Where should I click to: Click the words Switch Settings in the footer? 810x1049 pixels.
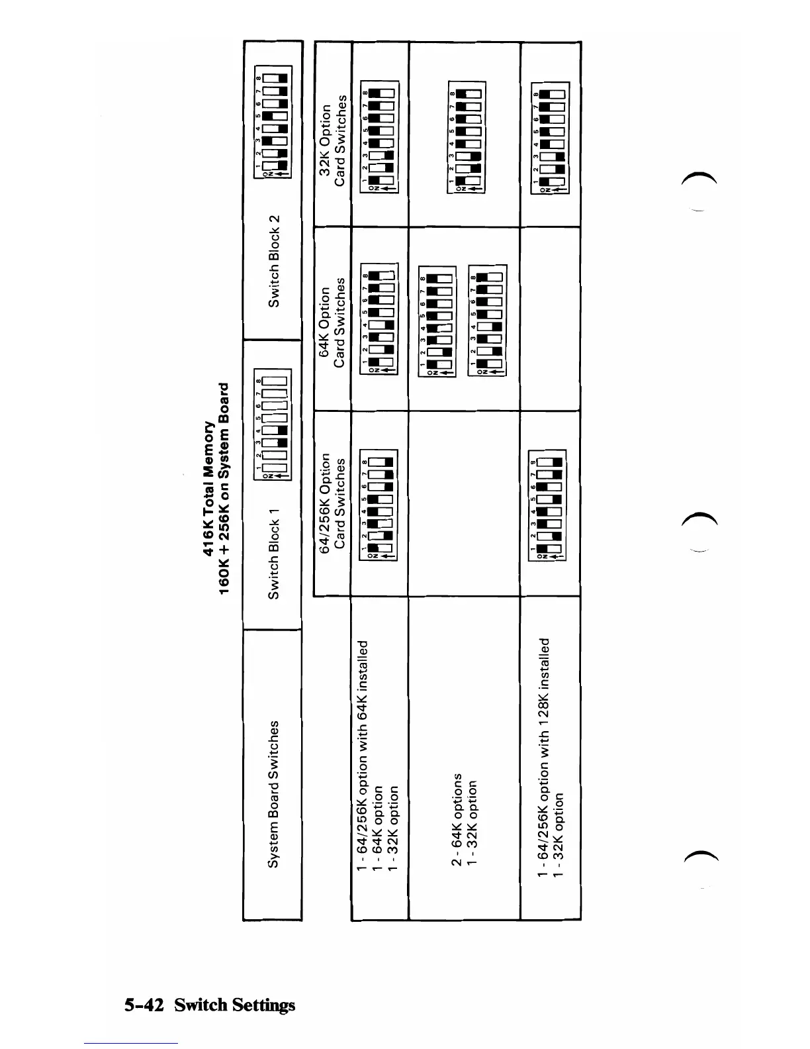(x=235, y=1005)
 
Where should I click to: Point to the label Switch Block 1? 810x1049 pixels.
(x=273, y=554)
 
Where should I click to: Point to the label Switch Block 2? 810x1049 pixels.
(x=273, y=261)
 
